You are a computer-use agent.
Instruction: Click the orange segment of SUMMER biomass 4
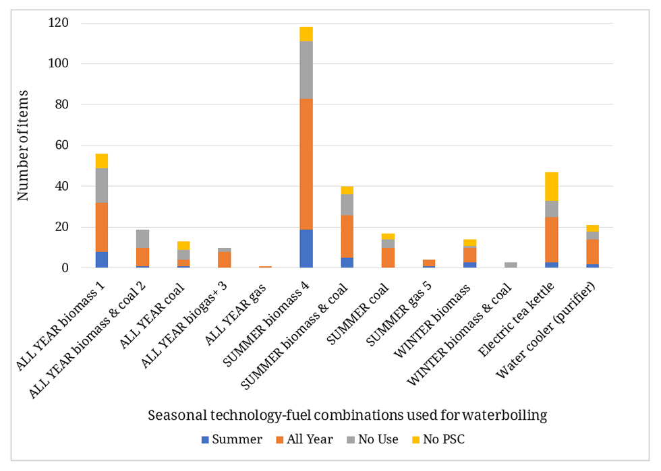[x=306, y=164]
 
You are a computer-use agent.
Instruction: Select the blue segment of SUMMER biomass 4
[x=306, y=249]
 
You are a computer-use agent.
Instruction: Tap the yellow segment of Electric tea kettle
[x=552, y=186]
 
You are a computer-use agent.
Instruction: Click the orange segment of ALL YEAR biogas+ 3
[x=225, y=259]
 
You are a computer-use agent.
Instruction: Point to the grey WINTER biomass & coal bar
[x=511, y=265]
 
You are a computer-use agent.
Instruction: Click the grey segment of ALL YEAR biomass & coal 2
[x=142, y=239]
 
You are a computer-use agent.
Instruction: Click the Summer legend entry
[x=231, y=439]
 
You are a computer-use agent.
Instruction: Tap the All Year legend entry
[x=303, y=439]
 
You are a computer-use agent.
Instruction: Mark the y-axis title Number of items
[x=24, y=145]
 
